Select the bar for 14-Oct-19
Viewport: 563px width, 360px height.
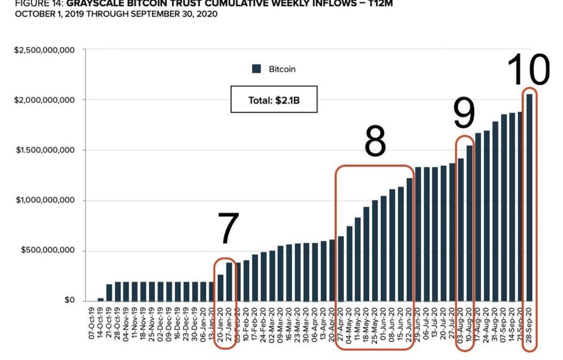(x=100, y=299)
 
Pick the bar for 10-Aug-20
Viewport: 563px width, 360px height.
(x=470, y=223)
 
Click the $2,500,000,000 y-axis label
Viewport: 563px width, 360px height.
(x=44, y=50)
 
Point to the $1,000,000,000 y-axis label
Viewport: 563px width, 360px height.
(x=45, y=200)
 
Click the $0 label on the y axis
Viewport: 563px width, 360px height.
(x=69, y=300)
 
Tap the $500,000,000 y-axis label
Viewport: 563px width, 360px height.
(x=48, y=250)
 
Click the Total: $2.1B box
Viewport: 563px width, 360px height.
(x=274, y=100)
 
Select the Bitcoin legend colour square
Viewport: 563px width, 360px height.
(x=257, y=69)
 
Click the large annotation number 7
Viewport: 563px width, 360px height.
(x=228, y=228)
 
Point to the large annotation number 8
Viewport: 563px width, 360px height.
(x=375, y=141)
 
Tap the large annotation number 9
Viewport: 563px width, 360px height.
(x=464, y=113)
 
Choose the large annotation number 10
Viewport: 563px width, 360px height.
(x=528, y=70)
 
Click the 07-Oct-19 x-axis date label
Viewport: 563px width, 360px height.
(x=92, y=323)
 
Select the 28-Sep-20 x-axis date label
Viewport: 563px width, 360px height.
(x=530, y=323)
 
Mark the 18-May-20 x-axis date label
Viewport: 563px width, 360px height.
(x=366, y=323)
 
